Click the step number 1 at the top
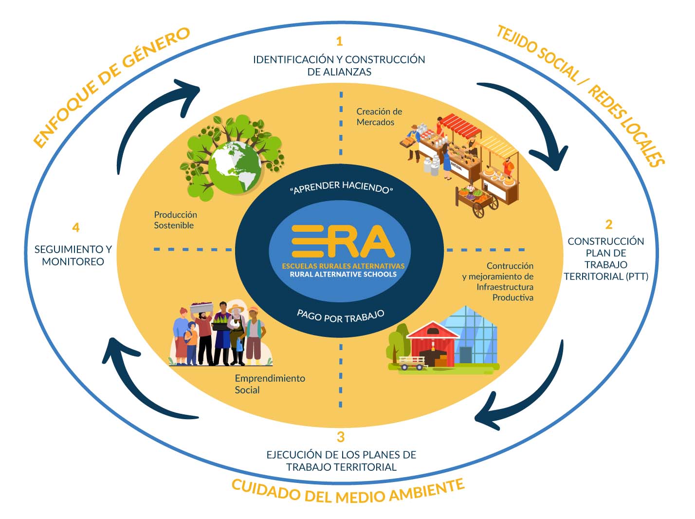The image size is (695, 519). point(339,41)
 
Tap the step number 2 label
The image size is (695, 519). point(608,224)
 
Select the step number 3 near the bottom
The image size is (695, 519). point(341,436)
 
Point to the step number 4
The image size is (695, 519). point(75,227)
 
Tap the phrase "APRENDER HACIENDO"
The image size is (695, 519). point(341,187)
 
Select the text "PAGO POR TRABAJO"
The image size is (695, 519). point(341,316)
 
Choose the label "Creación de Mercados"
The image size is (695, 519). point(379,117)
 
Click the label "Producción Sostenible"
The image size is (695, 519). point(175,220)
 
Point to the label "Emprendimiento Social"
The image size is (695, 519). point(269,384)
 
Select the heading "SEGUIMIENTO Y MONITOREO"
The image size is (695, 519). point(73,255)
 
